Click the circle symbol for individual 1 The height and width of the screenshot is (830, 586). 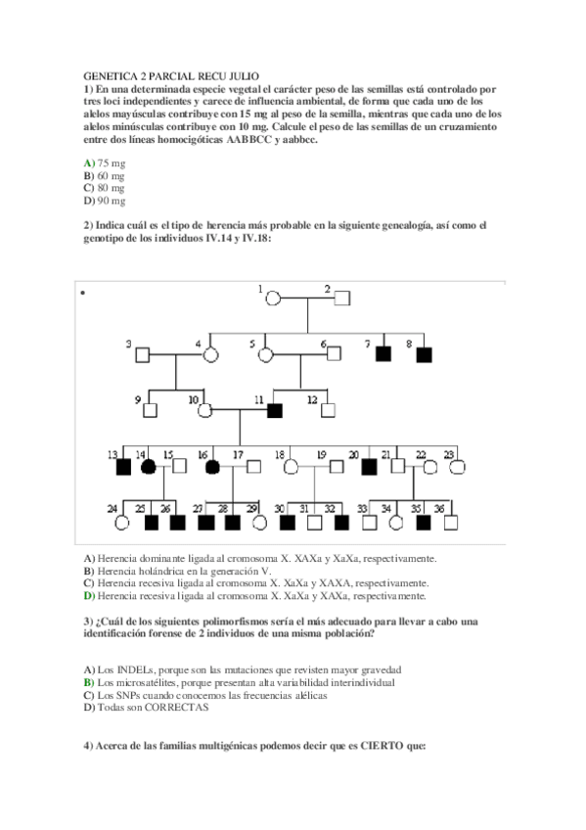coord(275,297)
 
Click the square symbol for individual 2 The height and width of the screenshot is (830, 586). coord(343,297)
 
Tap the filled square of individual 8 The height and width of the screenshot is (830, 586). coord(424,353)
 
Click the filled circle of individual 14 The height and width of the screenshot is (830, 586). coord(148,466)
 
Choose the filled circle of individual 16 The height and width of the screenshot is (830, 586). coord(212,466)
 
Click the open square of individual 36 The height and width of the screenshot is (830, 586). coord(450,522)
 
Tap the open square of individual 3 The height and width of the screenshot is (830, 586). coord(143,353)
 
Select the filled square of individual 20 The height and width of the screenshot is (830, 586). coord(369,466)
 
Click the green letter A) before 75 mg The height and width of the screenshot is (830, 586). coord(89,162)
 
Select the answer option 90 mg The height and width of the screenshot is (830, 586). coord(111,201)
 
